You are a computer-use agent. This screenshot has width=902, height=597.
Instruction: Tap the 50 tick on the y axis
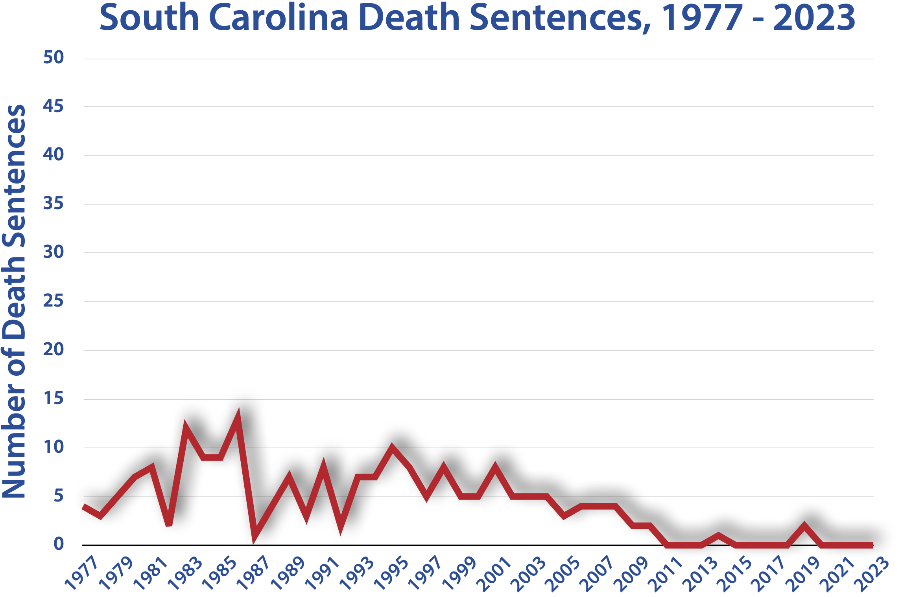click(53, 58)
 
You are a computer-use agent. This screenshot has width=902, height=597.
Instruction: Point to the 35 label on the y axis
click(53, 204)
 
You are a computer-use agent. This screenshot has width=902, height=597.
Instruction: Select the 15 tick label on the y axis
click(53, 399)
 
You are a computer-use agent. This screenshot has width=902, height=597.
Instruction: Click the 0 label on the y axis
click(59, 544)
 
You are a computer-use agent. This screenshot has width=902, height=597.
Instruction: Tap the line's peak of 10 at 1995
click(392, 448)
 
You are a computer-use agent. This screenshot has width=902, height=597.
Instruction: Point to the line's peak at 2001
click(495, 468)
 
